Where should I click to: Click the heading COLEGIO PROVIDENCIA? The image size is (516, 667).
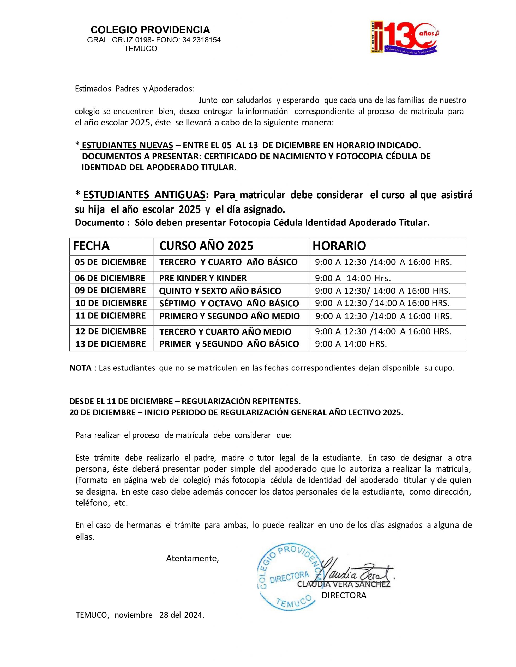150,30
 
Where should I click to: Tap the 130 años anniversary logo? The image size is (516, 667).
405,38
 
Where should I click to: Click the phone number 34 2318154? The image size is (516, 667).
201,40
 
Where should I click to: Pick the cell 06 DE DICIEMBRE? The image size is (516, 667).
110,278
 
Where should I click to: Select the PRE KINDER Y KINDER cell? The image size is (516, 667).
203,278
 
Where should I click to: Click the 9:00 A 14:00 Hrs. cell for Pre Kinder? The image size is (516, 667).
353,278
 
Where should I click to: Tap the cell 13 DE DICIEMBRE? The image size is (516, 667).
110,344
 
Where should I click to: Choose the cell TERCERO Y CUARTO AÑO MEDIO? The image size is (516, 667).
225,332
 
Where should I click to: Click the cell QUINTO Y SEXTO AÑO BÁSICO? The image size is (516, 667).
220,291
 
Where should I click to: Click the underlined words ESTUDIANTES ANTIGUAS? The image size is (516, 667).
144,195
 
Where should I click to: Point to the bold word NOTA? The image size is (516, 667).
80,368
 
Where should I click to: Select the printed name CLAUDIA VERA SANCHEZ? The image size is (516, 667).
344,585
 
